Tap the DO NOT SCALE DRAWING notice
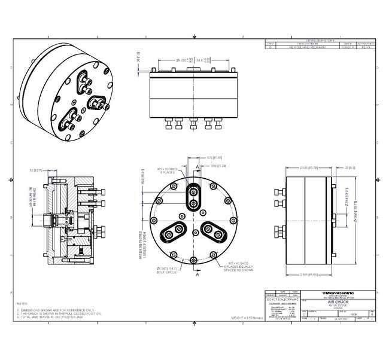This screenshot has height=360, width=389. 281,300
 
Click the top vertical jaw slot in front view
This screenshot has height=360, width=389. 193,197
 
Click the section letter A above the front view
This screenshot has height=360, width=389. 197,167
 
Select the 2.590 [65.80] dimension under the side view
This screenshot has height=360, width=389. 309,275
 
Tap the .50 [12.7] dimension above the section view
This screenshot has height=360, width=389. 35,170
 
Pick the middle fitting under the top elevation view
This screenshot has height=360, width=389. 193,125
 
